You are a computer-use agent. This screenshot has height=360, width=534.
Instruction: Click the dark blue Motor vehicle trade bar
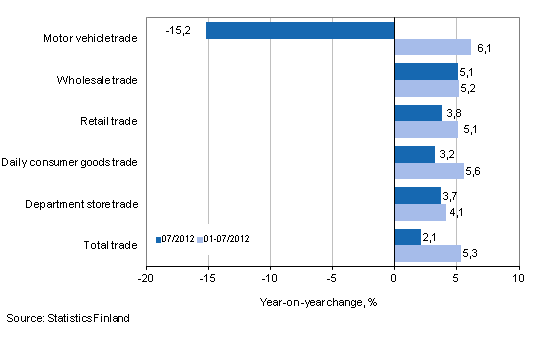tap(300, 30)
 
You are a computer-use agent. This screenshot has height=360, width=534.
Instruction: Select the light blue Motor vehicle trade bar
tap(432, 47)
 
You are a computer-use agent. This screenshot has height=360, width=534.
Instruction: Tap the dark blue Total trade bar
tap(407, 236)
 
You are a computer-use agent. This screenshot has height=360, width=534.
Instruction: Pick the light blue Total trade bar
tap(427, 253)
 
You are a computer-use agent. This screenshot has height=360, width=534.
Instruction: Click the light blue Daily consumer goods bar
tap(429, 171)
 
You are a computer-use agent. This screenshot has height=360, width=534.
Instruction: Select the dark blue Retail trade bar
tap(418, 113)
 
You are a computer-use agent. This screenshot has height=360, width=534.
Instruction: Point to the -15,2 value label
tap(179, 30)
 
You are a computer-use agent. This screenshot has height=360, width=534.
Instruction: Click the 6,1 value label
tap(484, 47)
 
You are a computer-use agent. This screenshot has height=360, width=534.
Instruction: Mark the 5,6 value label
tap(478, 171)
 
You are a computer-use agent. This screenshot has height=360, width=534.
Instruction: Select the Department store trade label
tap(84, 203)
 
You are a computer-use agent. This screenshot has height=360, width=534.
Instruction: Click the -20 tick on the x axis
tap(146, 277)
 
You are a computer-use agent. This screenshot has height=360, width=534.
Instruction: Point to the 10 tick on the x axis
tap(518, 277)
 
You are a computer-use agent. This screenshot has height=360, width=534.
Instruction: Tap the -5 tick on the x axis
tap(332, 277)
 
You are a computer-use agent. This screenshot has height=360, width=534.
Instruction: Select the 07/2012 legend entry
tap(175, 240)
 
